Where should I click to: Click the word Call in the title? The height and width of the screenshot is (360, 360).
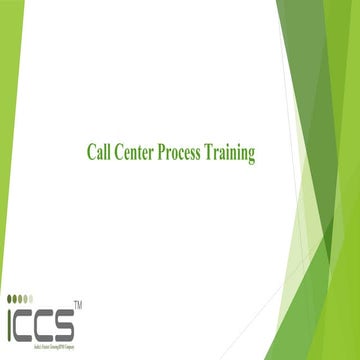pos(99,153)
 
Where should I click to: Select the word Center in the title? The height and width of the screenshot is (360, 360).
pos(138,153)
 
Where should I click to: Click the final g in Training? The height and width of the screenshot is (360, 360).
pos(252,155)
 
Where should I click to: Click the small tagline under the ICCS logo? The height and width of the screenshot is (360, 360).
pos(44,338)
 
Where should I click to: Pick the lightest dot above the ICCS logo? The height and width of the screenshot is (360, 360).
pos(42,297)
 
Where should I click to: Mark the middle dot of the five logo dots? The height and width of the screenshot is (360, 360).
pos(26,297)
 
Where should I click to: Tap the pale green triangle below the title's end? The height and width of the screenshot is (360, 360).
pos(314,240)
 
